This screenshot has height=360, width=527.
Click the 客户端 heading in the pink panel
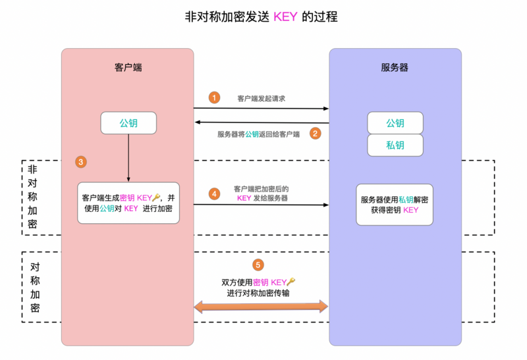click(128, 67)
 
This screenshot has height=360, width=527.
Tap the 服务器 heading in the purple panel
click(395, 67)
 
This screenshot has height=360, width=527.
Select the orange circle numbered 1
click(214, 97)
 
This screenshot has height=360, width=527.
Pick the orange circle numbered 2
click(315, 134)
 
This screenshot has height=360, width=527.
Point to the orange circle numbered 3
click(81, 161)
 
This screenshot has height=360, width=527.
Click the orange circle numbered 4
click(214, 193)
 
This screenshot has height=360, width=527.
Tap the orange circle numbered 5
click(258, 265)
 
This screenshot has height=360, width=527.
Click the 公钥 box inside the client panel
click(128, 123)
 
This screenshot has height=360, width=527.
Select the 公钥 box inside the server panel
click(395, 123)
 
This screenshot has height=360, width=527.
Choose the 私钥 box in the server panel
click(395, 145)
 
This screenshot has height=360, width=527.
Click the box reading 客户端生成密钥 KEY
click(128, 203)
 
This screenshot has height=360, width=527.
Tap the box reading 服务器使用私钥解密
click(395, 205)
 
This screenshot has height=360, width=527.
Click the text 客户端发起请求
click(261, 98)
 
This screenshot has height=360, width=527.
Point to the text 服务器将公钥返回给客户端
click(258, 134)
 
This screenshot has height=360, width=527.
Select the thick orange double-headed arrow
click(261, 306)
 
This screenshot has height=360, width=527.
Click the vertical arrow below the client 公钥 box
click(128, 158)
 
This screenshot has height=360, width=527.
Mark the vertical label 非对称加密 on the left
click(33, 197)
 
